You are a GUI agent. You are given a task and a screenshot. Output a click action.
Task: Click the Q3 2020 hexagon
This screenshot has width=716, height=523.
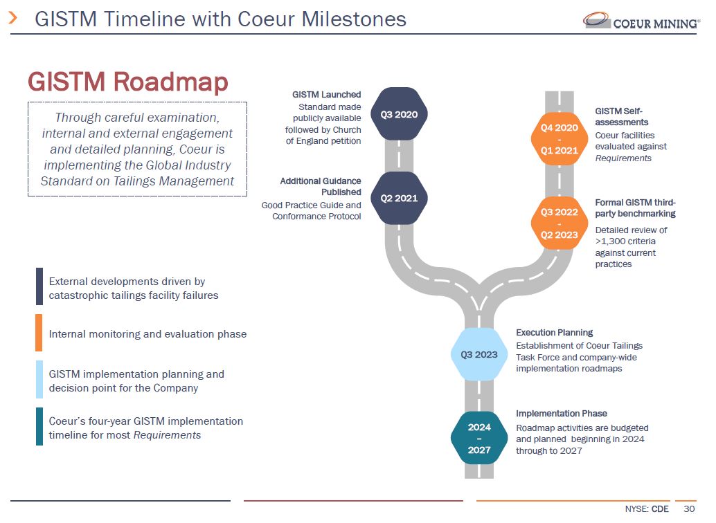pos(399,114)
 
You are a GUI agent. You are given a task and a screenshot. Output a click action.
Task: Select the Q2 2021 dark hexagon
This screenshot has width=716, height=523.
pos(399,199)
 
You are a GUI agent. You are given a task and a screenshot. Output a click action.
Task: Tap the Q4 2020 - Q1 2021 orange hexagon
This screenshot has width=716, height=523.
pos(559,139)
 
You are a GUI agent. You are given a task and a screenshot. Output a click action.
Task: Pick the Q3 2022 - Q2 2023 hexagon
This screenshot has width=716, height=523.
pos(559,223)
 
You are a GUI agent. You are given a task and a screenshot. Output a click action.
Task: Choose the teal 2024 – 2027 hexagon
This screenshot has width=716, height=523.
pos(479,438)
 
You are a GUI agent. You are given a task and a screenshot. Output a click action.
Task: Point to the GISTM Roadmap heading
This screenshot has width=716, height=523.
pos(127,82)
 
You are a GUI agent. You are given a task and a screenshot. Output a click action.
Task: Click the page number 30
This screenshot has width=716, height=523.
pos(688,509)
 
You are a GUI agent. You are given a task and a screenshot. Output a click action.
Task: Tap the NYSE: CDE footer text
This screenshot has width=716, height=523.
pos(647,509)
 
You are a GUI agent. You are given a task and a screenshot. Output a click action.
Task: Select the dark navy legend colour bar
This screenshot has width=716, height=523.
pos(39,286)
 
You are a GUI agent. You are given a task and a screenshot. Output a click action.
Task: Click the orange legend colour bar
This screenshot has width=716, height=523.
pos(39,333)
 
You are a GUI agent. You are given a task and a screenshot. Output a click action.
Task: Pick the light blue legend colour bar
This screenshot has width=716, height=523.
pos(39,380)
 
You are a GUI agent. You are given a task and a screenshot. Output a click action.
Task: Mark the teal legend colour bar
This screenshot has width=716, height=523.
pos(39,427)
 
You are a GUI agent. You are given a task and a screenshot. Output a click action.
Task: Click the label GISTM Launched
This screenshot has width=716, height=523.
pos(326,95)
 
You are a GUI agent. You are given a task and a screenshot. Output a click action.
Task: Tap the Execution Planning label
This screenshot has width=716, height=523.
pos(554,333)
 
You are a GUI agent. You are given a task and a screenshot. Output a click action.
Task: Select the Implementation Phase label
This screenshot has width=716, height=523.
pos(562,414)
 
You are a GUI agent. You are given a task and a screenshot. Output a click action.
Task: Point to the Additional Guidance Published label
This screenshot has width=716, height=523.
pos(321,186)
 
